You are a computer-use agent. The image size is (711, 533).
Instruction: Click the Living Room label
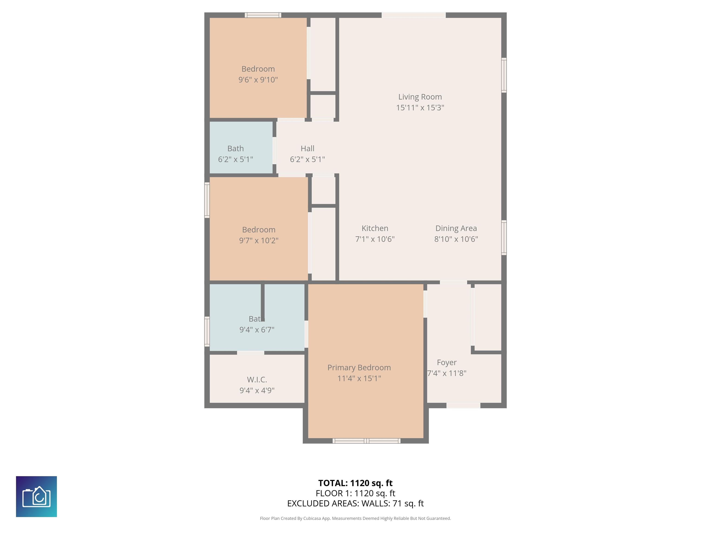pos(420,97)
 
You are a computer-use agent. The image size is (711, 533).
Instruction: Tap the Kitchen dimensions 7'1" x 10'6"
pos(375,239)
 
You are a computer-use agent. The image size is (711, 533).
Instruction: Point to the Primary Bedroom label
pos(359,368)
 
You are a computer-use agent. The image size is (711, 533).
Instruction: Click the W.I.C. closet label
pos(257,379)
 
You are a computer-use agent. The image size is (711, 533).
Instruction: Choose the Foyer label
pos(446,363)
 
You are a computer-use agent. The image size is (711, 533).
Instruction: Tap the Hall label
pos(307,149)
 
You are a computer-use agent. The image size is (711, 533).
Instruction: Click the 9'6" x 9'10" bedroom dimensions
pos(258,80)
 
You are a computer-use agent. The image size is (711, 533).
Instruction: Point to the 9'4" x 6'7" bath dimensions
pos(257,330)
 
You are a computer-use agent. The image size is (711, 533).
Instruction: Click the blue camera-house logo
pos(36,496)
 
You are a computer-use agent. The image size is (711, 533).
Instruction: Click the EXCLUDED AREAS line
pos(355,503)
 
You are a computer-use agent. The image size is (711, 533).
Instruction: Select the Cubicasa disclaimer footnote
pos(355,518)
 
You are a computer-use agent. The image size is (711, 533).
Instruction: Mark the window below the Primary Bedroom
pos(366,441)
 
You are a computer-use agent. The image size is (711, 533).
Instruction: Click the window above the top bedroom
pos(263,15)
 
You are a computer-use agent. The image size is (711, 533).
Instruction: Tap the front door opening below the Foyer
pos(463,406)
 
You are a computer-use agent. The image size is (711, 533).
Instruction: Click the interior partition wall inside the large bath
pos(263,302)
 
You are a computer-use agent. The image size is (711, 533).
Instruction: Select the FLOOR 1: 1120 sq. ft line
pos(355,493)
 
